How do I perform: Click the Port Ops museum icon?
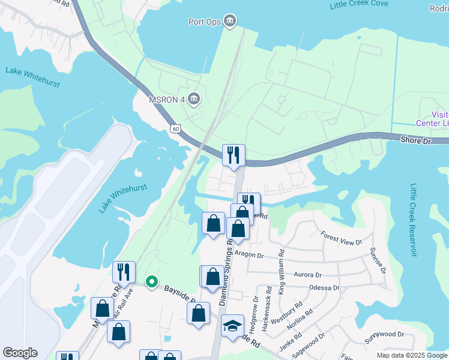(x=229, y=22)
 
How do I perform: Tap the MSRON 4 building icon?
(x=193, y=98)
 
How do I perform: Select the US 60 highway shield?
(x=175, y=128)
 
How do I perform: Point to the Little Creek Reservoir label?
(x=413, y=220)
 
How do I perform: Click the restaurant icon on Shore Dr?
(x=232, y=155)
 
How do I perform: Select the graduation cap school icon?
(x=232, y=326)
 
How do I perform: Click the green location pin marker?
(x=152, y=281)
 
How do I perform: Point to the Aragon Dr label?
(x=249, y=255)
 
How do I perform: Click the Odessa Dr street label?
(x=325, y=288)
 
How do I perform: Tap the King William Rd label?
(x=282, y=272)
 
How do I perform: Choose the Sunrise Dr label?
(x=378, y=259)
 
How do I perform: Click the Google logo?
(x=20, y=353)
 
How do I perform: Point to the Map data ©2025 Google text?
(x=411, y=355)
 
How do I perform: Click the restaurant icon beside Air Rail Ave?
(x=124, y=271)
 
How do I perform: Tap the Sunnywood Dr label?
(x=385, y=334)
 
